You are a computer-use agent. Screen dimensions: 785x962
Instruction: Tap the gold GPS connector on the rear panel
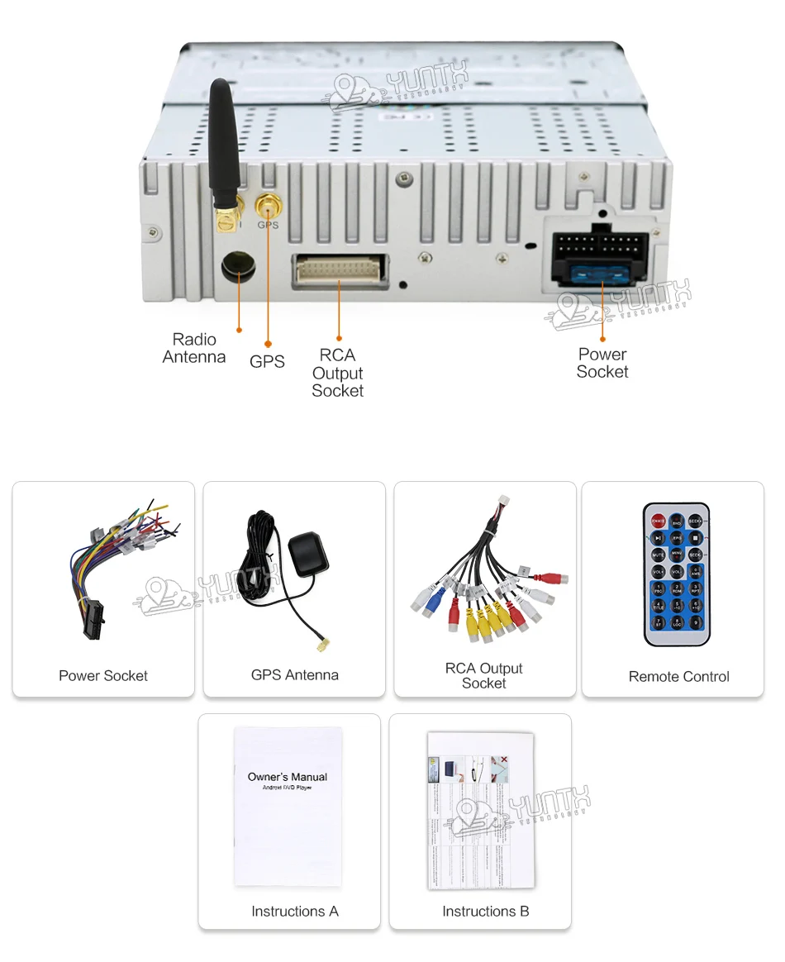[267, 206]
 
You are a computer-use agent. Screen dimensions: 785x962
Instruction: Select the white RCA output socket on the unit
[340, 271]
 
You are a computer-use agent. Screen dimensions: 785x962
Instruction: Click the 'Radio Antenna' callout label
[194, 348]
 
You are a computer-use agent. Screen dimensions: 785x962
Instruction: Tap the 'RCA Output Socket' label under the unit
[337, 373]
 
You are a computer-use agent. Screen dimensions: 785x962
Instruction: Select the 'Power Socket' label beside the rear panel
[602, 363]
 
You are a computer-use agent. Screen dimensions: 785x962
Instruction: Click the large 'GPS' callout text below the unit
[267, 361]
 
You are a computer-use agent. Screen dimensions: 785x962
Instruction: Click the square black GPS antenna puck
[308, 553]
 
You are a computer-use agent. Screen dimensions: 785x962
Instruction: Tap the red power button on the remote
[659, 521]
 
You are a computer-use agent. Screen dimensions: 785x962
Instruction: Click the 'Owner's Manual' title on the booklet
[288, 777]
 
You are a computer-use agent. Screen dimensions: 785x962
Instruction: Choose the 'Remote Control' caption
[678, 676]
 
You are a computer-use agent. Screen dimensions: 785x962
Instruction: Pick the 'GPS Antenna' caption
[295, 674]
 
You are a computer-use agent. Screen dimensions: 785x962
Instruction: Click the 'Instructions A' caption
[295, 911]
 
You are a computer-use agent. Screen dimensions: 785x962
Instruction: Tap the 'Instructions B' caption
[485, 911]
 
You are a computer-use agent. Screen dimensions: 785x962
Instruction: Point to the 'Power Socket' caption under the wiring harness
[103, 675]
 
